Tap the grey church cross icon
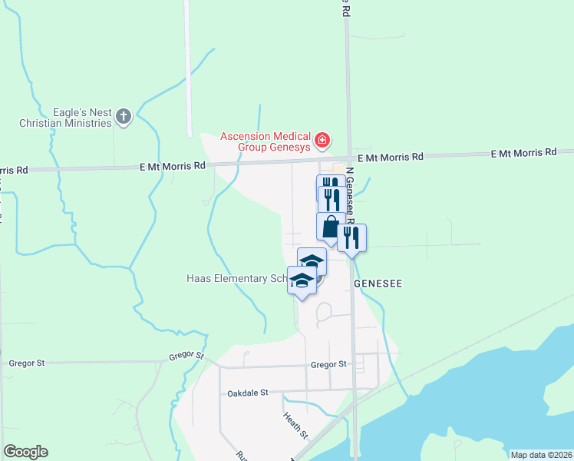[x=123, y=117]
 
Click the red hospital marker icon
[x=323, y=140]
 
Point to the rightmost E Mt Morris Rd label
[x=523, y=154]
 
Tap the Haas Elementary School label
[x=238, y=278]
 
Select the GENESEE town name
[x=378, y=284]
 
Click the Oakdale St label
[x=248, y=393]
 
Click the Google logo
[x=25, y=452]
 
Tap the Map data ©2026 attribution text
[x=541, y=455]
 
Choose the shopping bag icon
[x=330, y=227]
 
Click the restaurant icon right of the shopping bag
[x=351, y=237]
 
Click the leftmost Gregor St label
[x=28, y=363]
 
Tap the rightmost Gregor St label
[x=330, y=363]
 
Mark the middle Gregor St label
[x=186, y=357]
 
